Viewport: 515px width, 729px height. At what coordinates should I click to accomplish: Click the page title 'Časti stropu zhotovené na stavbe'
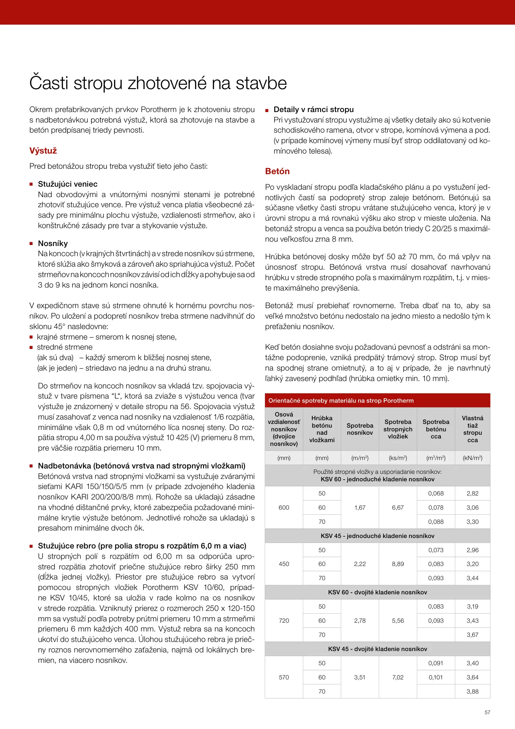point(158,83)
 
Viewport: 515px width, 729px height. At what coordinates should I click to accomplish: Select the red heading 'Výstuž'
point(43,151)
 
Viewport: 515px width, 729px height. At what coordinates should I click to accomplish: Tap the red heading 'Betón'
point(277,171)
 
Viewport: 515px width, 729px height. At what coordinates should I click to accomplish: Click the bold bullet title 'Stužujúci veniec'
point(67,184)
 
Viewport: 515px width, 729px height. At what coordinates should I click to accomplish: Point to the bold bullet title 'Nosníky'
point(53,243)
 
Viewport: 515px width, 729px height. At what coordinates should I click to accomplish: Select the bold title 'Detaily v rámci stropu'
point(313,109)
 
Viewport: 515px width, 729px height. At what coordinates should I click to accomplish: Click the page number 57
point(487,712)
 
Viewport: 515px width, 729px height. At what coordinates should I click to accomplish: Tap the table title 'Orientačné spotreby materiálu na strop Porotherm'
point(341,401)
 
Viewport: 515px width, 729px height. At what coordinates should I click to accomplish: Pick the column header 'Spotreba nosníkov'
point(360,429)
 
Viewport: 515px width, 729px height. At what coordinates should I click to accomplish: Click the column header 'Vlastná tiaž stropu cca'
point(472,429)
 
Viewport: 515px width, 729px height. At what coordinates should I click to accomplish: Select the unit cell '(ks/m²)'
point(398,458)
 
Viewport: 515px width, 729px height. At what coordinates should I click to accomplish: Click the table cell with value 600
point(284,508)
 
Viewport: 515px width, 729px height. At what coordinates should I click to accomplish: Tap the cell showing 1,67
point(360,508)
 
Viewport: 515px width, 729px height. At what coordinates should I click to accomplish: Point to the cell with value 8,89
point(398,564)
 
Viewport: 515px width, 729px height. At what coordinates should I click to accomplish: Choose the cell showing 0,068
point(436,493)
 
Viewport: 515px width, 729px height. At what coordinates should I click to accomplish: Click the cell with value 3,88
point(472,692)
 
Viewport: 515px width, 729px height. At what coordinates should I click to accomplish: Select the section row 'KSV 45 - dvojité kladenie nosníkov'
point(377,649)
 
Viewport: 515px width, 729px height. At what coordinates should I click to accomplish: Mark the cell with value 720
point(284,621)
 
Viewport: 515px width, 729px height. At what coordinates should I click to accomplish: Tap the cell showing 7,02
point(398,677)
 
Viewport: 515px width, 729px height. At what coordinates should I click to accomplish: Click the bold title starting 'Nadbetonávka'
point(141,466)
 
